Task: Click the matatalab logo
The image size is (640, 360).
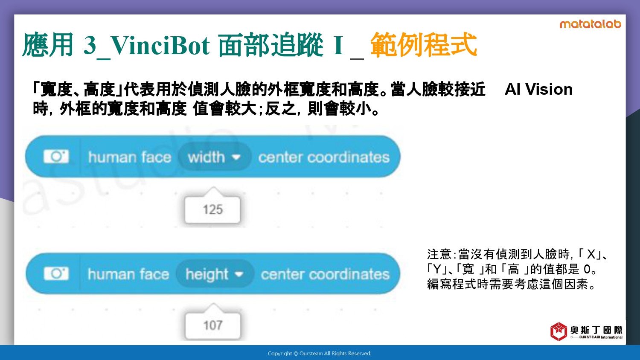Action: point(590,24)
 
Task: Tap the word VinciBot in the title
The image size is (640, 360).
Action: point(160,45)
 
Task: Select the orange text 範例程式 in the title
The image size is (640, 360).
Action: point(424,44)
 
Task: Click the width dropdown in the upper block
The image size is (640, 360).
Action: point(215,157)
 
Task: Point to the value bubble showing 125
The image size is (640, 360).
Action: point(212,209)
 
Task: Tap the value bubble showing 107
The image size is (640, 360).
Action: point(213,325)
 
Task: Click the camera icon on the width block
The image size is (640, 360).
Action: point(56,157)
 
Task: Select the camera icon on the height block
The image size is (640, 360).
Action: point(56,274)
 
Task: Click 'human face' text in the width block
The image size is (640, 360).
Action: point(130,157)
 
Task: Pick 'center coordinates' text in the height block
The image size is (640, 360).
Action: point(325,274)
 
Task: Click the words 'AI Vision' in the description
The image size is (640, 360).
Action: point(538,89)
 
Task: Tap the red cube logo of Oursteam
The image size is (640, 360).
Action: point(559,331)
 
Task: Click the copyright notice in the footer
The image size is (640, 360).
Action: point(320,354)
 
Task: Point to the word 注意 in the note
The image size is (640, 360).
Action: point(439,254)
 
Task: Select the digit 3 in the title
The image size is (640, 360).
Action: point(90,45)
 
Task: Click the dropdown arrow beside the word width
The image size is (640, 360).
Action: point(236,157)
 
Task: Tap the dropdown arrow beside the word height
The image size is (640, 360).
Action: point(239,274)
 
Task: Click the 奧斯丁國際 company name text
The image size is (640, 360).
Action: point(596,330)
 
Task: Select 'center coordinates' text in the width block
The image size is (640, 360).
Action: point(324,157)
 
